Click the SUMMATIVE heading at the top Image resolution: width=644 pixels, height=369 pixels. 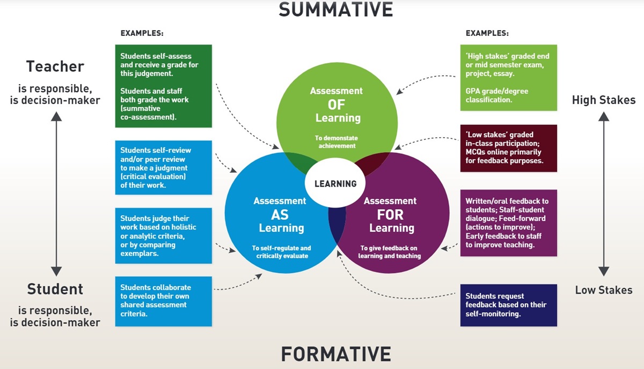coord(336,9)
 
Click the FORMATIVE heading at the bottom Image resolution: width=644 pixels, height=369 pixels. coord(336,354)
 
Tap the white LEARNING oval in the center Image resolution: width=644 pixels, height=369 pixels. coord(335,183)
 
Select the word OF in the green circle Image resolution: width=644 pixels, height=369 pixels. coord(336,104)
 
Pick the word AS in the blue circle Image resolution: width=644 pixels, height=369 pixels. coord(280,215)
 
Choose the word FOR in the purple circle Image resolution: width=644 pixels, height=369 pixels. coord(391,215)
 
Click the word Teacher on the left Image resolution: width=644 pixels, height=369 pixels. coord(55,67)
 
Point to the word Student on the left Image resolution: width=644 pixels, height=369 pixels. coord(55,289)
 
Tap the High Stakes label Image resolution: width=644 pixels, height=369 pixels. coord(604,100)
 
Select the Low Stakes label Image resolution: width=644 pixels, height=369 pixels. coord(604,290)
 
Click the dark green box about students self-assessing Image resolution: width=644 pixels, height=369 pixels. coord(164,86)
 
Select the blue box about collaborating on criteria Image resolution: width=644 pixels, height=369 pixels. coord(164,301)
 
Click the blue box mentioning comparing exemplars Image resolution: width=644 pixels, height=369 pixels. coord(164,235)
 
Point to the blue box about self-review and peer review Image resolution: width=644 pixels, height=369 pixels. coord(164,167)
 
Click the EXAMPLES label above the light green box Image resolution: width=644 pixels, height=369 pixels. coord(487,33)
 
